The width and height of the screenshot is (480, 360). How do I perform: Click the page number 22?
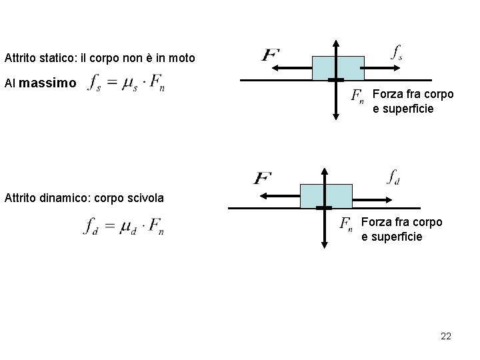446,337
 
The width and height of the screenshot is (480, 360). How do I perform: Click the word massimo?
49,84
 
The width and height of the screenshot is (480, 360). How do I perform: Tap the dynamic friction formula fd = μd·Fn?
124,227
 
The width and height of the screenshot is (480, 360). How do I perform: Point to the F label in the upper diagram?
271,54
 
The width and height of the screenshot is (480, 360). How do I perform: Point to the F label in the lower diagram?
263,178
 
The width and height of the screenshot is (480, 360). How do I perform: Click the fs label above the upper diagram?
396,53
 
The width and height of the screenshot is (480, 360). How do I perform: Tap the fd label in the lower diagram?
393,177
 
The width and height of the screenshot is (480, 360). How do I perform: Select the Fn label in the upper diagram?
357,96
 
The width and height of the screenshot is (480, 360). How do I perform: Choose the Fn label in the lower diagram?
346,225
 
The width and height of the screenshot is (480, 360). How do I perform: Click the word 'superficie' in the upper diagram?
403,108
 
